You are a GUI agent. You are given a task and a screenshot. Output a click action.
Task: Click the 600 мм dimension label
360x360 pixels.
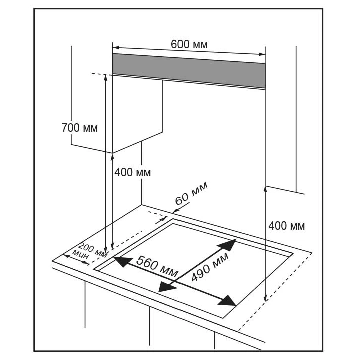[189, 44]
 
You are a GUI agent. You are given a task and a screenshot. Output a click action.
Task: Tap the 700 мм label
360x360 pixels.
[79, 127]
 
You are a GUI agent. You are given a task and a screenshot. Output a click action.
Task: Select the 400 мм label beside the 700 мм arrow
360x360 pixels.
[132, 172]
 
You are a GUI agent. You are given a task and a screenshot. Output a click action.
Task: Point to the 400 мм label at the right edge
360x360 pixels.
[286, 225]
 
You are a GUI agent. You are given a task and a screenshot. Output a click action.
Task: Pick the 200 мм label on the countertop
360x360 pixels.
[93, 249]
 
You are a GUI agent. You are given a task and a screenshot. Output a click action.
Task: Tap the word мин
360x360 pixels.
[81, 255]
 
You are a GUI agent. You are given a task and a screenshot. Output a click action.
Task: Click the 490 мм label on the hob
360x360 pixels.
[209, 266]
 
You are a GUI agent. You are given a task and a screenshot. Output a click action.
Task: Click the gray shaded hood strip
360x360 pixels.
[189, 70]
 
